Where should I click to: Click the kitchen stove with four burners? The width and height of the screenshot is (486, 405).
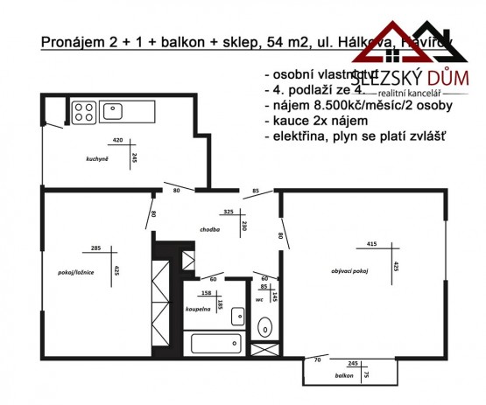(x=84, y=111)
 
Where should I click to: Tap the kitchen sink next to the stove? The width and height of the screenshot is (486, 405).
(x=112, y=111)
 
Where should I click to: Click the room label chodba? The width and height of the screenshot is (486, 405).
(x=208, y=229)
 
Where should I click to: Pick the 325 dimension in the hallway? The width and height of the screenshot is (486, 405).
(x=229, y=211)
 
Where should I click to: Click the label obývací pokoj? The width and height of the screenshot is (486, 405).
(x=348, y=271)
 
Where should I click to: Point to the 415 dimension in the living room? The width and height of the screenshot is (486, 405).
(x=371, y=244)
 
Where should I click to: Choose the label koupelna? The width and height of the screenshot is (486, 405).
(x=199, y=309)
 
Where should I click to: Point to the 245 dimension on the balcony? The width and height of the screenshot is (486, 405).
(x=353, y=361)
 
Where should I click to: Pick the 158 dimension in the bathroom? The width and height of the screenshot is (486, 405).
(x=207, y=293)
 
